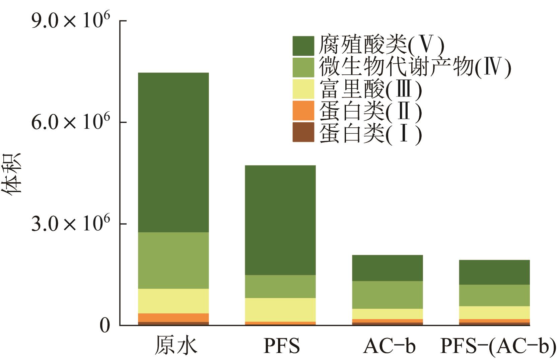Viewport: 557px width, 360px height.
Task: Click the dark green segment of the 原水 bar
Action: tap(173, 153)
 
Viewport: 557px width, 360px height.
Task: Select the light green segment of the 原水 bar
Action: tap(173, 260)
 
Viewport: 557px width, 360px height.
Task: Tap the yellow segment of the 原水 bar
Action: tap(173, 301)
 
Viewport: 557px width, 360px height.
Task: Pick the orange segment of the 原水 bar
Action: tap(173, 318)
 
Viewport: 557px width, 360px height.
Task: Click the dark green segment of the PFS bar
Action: tap(280, 220)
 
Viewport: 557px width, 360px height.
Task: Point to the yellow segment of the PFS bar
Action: tap(280, 310)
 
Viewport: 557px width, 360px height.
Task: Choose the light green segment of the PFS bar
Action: tap(280, 287)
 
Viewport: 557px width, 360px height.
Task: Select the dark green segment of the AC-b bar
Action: tap(388, 268)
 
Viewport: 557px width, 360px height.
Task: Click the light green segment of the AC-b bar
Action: tap(388, 295)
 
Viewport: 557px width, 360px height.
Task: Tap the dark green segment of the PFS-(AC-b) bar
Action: tap(494, 273)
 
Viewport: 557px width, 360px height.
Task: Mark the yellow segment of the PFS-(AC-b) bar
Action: tap(494, 313)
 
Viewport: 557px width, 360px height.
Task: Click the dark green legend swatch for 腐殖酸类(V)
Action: tap(303, 46)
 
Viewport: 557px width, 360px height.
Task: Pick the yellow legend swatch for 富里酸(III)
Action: tap(303, 89)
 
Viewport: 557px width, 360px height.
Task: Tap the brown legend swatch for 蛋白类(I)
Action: tap(303, 132)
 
